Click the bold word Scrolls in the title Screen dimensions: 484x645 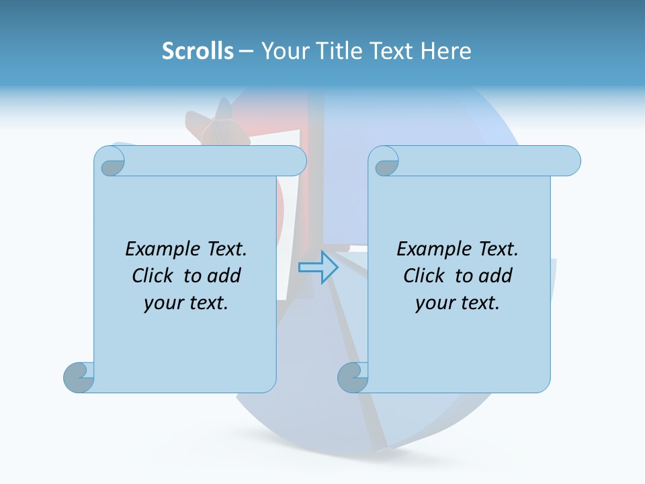tap(198, 51)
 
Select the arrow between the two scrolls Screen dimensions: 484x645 tap(318, 267)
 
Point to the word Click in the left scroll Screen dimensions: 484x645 tap(154, 276)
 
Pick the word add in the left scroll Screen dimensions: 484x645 tap(224, 276)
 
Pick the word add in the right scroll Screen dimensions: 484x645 tap(495, 276)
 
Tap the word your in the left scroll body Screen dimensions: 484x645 tap(164, 303)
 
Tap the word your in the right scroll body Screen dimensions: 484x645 tap(435, 303)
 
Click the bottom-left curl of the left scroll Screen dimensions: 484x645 tap(79, 377)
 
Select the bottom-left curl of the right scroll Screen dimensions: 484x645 tap(353, 377)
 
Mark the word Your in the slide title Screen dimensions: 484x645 tap(280, 51)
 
